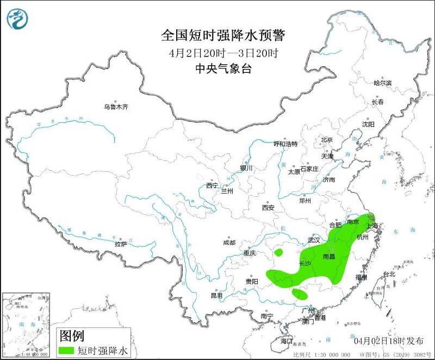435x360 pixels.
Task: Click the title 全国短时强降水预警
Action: (223, 35)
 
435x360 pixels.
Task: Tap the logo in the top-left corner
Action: (17, 18)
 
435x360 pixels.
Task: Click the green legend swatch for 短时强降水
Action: (67, 350)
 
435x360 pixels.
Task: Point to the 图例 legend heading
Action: (72, 335)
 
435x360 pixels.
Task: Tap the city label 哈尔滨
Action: (382, 83)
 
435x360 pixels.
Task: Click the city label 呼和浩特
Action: (285, 144)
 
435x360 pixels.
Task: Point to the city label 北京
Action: (326, 140)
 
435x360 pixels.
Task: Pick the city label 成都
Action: (229, 243)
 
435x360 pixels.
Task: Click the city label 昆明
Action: (216, 295)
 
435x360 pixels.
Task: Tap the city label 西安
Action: (268, 207)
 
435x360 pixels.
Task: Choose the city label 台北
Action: (389, 274)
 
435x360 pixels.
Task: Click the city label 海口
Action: (286, 341)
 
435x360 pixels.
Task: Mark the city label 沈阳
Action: (368, 124)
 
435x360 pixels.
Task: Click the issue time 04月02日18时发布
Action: (388, 341)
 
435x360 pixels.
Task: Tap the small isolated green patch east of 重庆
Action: (279, 252)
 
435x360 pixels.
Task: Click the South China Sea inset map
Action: (26, 323)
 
